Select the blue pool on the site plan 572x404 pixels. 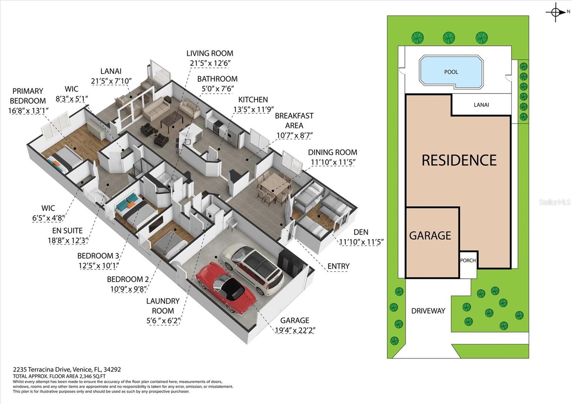451,72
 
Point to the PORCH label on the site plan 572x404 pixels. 468,260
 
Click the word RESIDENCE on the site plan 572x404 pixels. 459,160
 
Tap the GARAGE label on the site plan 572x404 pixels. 430,236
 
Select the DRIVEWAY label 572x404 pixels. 428,311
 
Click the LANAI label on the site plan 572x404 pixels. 481,105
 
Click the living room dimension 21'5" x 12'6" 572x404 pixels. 210,63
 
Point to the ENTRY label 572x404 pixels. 338,266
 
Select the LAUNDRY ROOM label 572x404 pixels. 163,306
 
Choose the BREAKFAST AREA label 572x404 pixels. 294,120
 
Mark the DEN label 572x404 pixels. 361,232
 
